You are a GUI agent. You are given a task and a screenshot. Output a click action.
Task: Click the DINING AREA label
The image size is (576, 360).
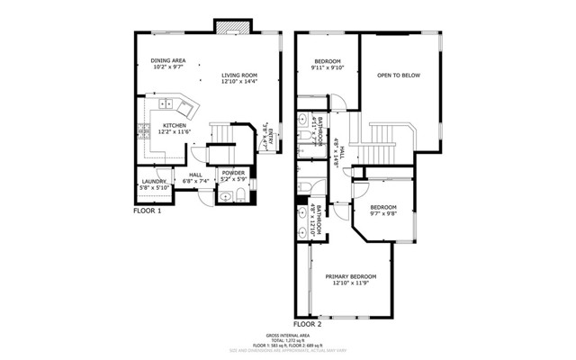tap(167, 60)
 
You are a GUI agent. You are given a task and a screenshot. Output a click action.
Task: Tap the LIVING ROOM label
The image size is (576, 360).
tap(239, 75)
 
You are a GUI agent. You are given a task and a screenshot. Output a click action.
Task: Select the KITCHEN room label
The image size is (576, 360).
tap(174, 126)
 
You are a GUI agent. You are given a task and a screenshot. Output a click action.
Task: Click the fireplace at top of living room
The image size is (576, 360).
tap(226, 26)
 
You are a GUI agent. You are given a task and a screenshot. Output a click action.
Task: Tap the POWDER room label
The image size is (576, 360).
tap(233, 173)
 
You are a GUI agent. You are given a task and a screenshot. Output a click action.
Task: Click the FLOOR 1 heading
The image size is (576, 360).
tap(147, 211)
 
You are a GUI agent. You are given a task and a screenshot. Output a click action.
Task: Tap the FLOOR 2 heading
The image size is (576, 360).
tap(307, 323)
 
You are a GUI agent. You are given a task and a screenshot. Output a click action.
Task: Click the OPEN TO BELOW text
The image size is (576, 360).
tap(399, 76)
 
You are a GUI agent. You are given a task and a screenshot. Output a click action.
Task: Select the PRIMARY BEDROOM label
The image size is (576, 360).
tap(350, 275)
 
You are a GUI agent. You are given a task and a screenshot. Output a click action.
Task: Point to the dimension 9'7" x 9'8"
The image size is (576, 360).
tap(384, 214)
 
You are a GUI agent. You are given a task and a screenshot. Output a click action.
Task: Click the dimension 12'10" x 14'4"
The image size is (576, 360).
tap(239, 82)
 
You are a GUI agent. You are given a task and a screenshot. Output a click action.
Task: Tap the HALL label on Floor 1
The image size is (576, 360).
tap(195, 175)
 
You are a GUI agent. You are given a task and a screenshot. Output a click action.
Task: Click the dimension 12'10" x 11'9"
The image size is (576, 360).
tap(350, 283)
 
